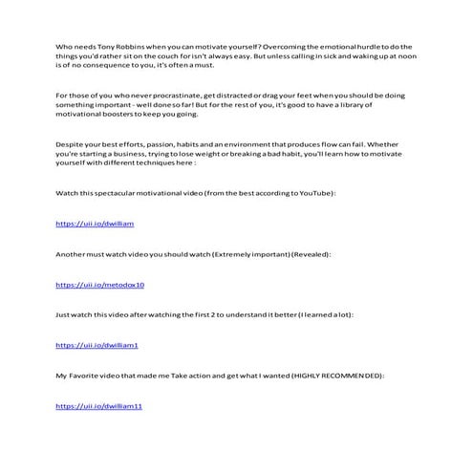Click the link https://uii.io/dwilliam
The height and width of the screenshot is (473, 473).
(x=88, y=224)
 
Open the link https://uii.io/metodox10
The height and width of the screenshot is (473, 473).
(x=99, y=285)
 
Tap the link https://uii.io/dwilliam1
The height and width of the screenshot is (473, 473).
(x=97, y=345)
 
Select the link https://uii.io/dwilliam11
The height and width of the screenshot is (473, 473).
(x=98, y=406)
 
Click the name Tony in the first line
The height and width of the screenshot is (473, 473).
(x=109, y=46)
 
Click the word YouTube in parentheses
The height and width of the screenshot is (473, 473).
(x=310, y=194)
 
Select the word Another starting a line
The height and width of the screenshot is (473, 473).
(x=73, y=255)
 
